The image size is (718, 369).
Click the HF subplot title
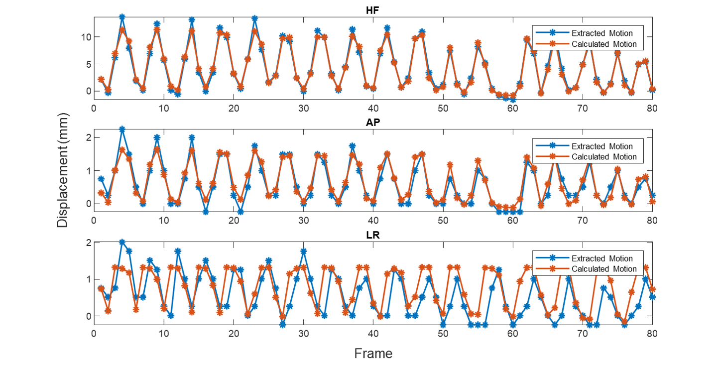372,10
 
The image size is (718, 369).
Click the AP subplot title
373,123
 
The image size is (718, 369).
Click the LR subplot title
373,235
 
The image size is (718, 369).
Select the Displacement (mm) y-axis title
62,170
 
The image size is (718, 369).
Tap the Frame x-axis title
373,353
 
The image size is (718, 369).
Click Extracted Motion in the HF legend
602,33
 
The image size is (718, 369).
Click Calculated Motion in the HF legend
604,44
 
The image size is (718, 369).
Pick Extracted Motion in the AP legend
602,146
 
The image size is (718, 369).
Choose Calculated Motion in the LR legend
604,268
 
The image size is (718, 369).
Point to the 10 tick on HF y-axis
86,37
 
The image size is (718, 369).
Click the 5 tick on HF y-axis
89,64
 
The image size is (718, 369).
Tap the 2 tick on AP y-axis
89,138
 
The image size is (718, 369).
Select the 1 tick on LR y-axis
89,279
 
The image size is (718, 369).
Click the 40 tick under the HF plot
373,109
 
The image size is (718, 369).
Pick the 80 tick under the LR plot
652,334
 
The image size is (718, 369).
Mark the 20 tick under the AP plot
234,221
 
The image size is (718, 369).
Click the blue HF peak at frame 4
122,17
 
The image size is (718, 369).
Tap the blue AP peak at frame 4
122,129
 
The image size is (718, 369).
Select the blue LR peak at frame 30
304,251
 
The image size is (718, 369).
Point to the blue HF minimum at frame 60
513,100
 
